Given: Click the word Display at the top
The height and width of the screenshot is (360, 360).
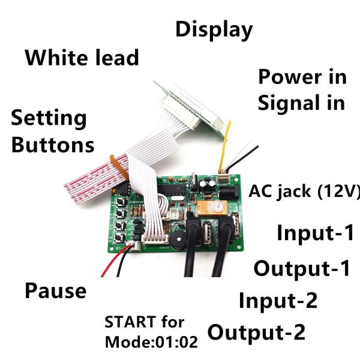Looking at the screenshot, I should tap(214, 29).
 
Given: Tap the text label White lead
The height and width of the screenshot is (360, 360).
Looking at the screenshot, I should tap(82, 58).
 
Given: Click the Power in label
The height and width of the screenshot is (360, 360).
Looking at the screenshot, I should tap(302, 77).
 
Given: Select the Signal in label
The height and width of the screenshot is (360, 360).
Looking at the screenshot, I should tap(301, 103).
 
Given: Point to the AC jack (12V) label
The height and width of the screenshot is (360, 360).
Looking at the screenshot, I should tap(304, 193).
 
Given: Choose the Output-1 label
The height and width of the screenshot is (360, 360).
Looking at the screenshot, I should tap(302, 268).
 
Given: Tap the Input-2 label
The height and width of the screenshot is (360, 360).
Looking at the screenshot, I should tap(278, 299).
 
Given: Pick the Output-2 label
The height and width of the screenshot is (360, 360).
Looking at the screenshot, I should tap(256, 331).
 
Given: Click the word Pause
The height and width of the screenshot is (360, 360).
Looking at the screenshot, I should tap(55, 292).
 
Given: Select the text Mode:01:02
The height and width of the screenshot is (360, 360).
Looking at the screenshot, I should tap(151, 343).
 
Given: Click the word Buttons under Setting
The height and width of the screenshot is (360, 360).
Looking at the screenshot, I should tap(53, 145).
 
